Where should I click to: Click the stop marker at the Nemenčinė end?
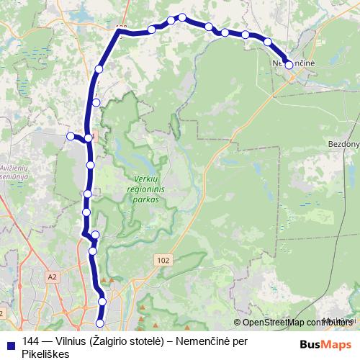(289, 65)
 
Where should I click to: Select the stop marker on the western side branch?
(71, 136)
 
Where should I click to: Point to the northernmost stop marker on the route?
(183, 17)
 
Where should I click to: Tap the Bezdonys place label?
(344, 144)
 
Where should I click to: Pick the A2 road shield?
(51, 276)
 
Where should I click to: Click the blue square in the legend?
(11, 341)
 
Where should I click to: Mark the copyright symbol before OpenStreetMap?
(238, 323)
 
